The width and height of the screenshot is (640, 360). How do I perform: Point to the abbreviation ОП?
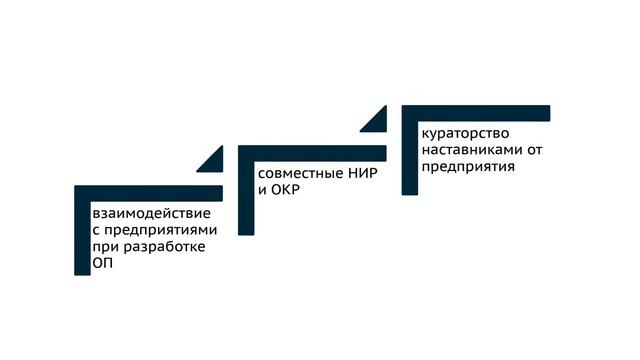click(x=101, y=263)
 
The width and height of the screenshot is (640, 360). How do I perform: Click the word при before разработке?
click(x=103, y=247)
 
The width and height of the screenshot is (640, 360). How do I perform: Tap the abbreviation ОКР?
click(x=286, y=189)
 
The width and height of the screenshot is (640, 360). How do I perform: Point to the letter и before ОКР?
click(x=263, y=189)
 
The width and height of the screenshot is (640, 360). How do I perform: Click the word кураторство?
click(x=466, y=134)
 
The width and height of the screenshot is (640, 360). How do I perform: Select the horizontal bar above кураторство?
click(x=476, y=112)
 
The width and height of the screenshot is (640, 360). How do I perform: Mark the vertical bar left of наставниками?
click(x=408, y=150)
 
